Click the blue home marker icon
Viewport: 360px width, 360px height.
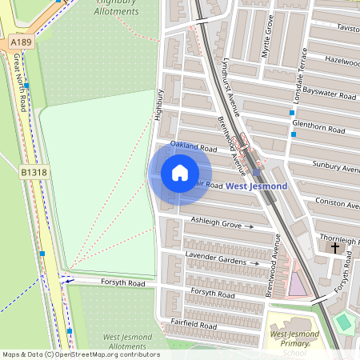click(180, 173)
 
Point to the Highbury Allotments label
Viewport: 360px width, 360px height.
click(117, 7)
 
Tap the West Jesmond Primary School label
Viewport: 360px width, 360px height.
click(288, 342)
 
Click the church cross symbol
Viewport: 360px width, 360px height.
click(335, 249)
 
